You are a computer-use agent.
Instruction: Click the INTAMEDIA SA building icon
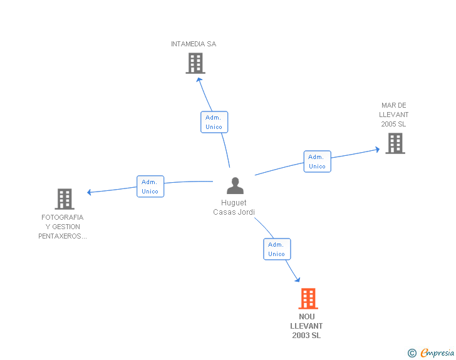click(x=195, y=63)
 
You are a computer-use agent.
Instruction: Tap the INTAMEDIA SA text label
click(x=194, y=44)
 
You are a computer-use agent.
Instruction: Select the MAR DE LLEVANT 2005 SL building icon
click(x=395, y=143)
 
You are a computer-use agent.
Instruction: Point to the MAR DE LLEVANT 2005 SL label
click(x=394, y=115)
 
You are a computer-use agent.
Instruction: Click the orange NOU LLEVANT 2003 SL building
click(x=308, y=299)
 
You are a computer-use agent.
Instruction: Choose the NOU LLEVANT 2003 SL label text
click(x=306, y=326)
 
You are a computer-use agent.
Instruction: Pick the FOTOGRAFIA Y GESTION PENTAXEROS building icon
click(x=65, y=199)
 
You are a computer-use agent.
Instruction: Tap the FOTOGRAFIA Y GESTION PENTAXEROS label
click(x=63, y=227)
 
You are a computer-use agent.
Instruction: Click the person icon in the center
click(x=235, y=185)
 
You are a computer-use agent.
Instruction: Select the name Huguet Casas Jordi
click(x=234, y=207)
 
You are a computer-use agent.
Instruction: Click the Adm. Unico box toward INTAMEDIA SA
click(x=214, y=122)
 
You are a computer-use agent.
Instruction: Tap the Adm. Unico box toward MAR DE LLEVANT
click(x=318, y=162)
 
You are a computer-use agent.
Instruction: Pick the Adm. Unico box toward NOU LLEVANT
click(x=277, y=249)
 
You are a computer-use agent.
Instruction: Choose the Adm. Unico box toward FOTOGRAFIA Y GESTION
click(x=150, y=187)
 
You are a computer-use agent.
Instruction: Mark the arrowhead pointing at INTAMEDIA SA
click(x=199, y=80)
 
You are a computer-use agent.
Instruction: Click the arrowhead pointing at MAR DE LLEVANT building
click(x=377, y=150)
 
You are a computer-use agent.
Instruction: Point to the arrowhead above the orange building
click(x=298, y=280)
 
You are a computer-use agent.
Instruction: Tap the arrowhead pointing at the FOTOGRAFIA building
click(x=90, y=192)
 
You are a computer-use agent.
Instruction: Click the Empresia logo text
click(x=437, y=352)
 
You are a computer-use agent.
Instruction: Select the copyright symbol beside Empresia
click(x=412, y=353)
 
